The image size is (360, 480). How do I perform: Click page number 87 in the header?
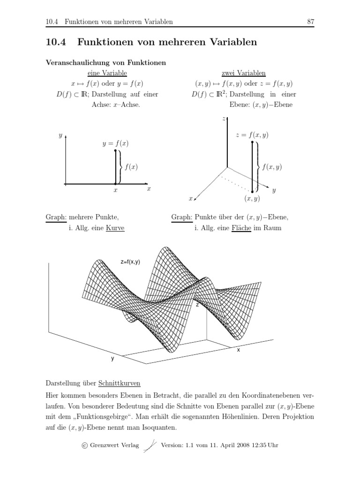click(x=310, y=22)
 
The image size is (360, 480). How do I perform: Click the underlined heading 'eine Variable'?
click(x=107, y=73)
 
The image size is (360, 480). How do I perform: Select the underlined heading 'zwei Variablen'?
click(x=243, y=73)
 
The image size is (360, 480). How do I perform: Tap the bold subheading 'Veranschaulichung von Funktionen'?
click(x=105, y=62)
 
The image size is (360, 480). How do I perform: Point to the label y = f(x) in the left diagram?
click(x=116, y=143)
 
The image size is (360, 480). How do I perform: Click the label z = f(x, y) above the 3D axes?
click(x=252, y=135)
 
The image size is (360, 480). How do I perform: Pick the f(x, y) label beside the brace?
click(x=272, y=167)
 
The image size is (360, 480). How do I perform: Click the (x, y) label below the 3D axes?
click(x=252, y=199)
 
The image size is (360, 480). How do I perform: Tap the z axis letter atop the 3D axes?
click(x=224, y=119)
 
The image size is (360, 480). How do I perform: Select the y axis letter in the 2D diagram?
click(x=60, y=135)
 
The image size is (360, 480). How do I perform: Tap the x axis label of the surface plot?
click(x=238, y=350)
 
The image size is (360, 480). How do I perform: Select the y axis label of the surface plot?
click(x=112, y=359)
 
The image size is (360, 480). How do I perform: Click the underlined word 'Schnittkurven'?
click(x=120, y=383)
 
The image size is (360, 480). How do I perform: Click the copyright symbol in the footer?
click(x=84, y=445)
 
